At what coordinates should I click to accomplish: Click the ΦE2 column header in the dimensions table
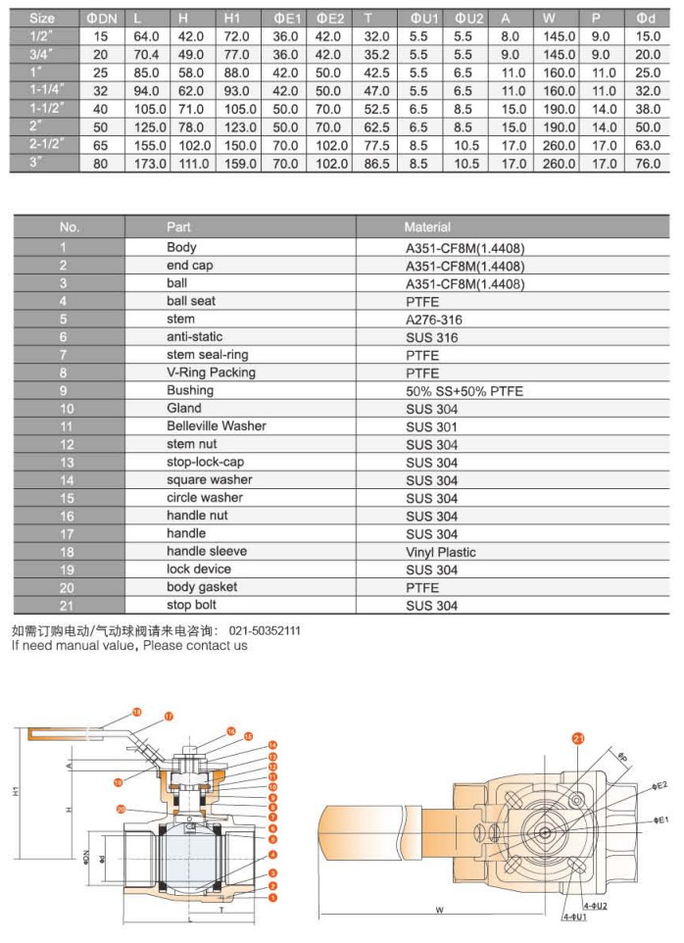(x=331, y=19)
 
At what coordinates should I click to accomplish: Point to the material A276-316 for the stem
(x=433, y=320)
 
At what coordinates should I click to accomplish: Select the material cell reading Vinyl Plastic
(x=441, y=552)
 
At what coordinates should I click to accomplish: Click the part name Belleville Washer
(x=216, y=426)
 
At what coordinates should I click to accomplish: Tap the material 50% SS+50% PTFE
(x=464, y=391)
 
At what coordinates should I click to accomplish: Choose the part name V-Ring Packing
(x=211, y=372)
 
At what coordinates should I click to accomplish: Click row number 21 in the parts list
(x=68, y=606)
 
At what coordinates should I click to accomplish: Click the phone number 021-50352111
(x=265, y=631)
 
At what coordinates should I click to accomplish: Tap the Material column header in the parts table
(x=427, y=226)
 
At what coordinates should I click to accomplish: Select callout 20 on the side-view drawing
(x=121, y=810)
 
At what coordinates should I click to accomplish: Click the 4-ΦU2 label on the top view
(x=595, y=906)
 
